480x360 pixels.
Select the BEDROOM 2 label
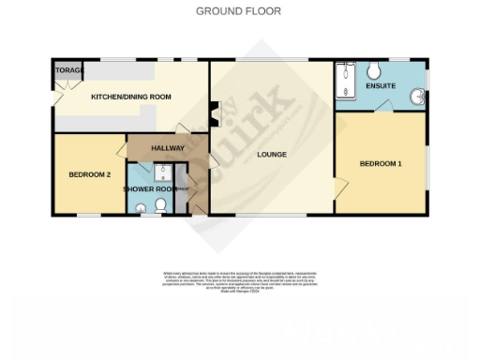pyautogui.click(x=90, y=174)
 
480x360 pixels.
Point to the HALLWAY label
pyautogui.click(x=168, y=148)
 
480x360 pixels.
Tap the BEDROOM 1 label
pyautogui.click(x=380, y=164)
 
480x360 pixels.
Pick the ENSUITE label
pyautogui.click(x=380, y=86)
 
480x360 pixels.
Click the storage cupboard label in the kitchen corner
pyautogui.click(x=68, y=71)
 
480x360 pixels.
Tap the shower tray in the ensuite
pyautogui.click(x=345, y=78)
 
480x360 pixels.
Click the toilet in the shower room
pyautogui.click(x=162, y=203)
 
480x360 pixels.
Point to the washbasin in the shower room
pyautogui.click(x=142, y=209)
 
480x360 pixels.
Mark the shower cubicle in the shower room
pyautogui.click(x=162, y=172)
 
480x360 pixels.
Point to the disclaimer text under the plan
pyautogui.click(x=239, y=282)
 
